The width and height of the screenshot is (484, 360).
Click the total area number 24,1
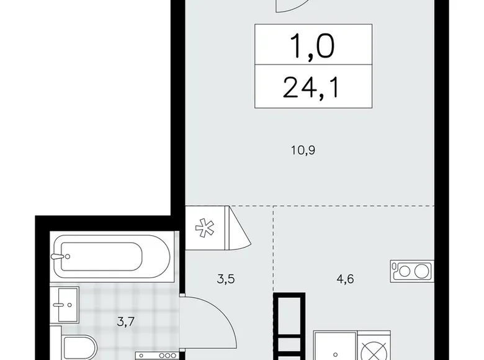[x=313, y=89]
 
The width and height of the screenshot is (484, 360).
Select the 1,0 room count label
[x=313, y=46]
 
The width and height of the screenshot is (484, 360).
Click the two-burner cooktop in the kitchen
[x=411, y=271]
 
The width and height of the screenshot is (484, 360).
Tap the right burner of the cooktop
[x=422, y=271]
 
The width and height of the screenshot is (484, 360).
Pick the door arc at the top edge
[x=293, y=6]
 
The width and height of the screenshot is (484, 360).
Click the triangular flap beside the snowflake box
[x=238, y=227]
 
